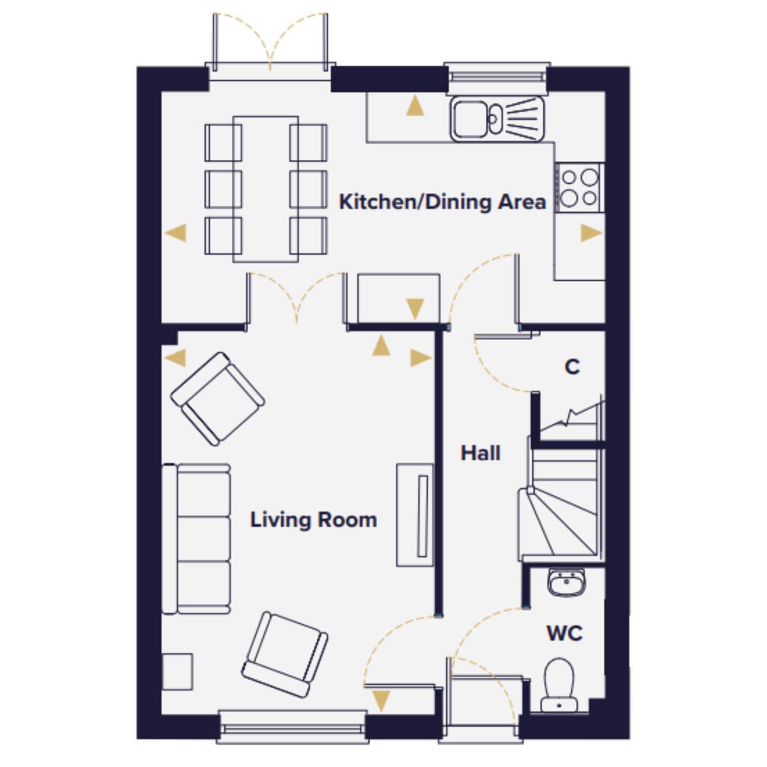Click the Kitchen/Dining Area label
tap(442, 202)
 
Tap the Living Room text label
tap(314, 520)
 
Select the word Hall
tap(480, 453)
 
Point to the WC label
tap(564, 633)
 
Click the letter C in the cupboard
tap(572, 367)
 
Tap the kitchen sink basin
tap(470, 119)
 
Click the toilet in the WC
tap(559, 685)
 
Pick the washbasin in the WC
tap(567, 583)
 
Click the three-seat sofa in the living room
tap(196, 539)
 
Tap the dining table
tap(265, 189)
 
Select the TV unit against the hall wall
tap(415, 515)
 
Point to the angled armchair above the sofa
tap(218, 399)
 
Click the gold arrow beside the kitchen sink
tap(415, 105)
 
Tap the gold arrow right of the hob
tap(591, 233)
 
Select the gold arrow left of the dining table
tap(176, 233)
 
